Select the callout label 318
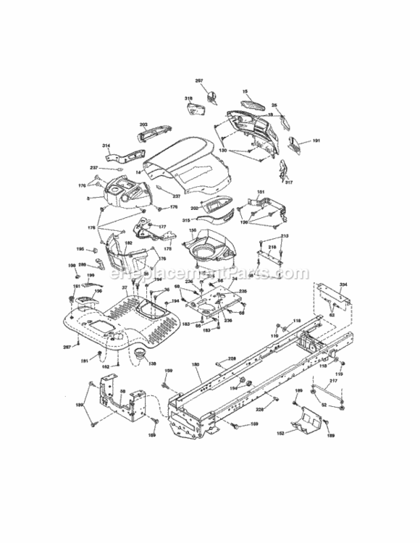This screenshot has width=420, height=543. [x=188, y=98]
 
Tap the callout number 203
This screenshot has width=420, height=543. [x=144, y=125]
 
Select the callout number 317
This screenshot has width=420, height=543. [x=289, y=182]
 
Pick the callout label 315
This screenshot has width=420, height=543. [x=186, y=220]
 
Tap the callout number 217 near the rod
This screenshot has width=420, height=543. [x=333, y=382]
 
